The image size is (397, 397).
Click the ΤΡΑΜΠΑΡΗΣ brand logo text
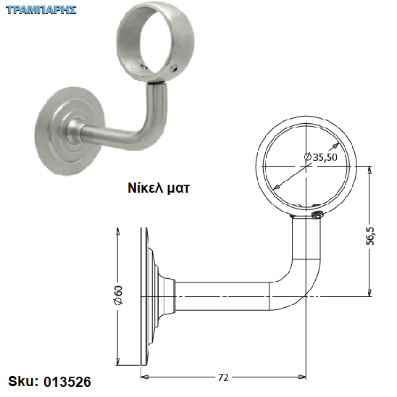tap(41, 10)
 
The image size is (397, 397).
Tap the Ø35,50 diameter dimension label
tap(320, 157)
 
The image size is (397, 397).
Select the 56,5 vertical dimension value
tap(370, 235)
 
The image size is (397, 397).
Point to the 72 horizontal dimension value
tap(223, 378)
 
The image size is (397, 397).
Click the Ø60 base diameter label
tap(119, 295)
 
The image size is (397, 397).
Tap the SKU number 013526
tap(67, 382)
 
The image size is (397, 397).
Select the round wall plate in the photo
tap(68, 131)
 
